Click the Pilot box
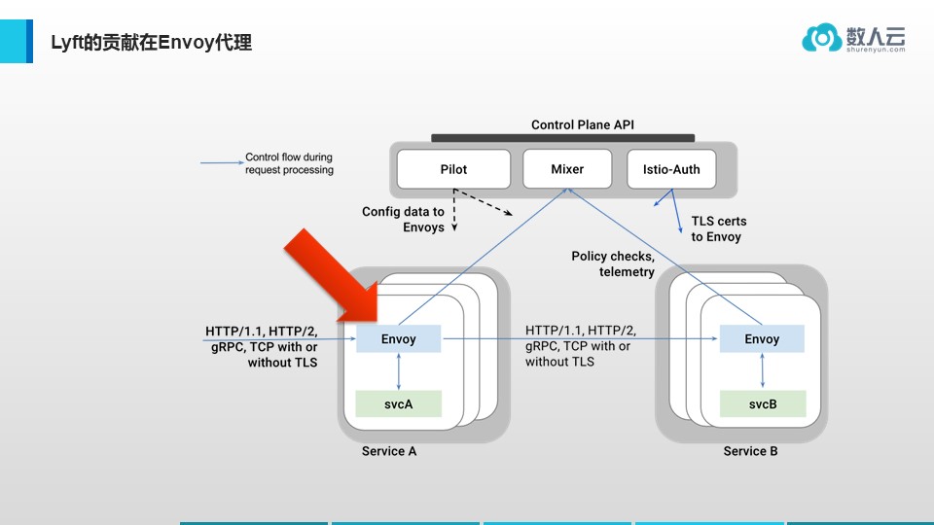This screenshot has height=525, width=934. click(x=453, y=169)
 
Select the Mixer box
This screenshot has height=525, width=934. click(x=567, y=169)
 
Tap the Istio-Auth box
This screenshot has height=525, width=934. click(x=671, y=169)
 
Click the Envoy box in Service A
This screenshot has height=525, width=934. click(x=399, y=339)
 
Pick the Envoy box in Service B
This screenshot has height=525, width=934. click(x=762, y=339)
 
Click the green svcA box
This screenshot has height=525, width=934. click(x=399, y=403)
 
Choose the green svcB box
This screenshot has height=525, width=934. click(x=762, y=403)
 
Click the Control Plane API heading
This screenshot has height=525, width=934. click(x=583, y=125)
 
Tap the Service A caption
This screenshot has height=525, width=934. click(x=389, y=451)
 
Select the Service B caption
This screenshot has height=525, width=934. click(x=750, y=451)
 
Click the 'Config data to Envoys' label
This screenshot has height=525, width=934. click(x=403, y=220)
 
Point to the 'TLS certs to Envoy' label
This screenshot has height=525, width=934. click(x=716, y=229)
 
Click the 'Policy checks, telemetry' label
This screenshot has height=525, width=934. click(x=613, y=264)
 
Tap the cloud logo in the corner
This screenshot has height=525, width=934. click(x=821, y=38)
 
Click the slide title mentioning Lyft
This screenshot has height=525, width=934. click(x=152, y=43)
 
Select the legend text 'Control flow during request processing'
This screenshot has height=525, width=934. click(x=289, y=163)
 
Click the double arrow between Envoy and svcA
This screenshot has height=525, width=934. click(x=399, y=371)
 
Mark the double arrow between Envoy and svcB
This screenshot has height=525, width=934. click(x=762, y=371)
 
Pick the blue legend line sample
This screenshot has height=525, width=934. click(x=220, y=162)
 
